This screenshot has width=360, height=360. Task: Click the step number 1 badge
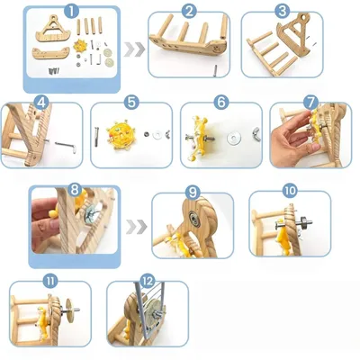72,12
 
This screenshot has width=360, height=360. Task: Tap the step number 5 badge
131,103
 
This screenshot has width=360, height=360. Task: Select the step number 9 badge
193,192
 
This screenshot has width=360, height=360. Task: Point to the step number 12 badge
148,281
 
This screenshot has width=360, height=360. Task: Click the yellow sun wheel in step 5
120,134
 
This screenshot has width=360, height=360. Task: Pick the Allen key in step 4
65,146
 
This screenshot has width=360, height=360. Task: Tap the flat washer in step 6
233,138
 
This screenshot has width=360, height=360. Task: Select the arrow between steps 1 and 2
135,49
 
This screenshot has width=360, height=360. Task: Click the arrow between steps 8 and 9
137,227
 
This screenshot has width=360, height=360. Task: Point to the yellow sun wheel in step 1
80,46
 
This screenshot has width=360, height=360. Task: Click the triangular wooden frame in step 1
53,29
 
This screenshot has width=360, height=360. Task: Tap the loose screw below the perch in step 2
215,71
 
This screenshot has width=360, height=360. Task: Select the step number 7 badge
310,103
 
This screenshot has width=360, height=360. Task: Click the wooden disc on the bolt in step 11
70,311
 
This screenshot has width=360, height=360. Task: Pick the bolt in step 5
96,137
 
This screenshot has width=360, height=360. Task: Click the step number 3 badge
283,12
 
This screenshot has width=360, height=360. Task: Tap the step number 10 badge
290,190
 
